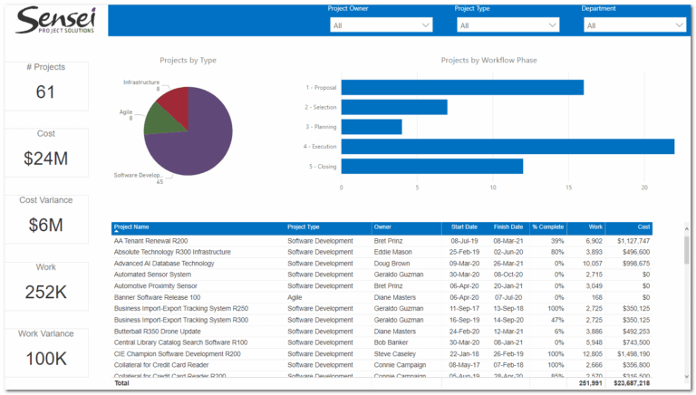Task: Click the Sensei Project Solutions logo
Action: [55, 21]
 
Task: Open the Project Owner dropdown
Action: [382, 25]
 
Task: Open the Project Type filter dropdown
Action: [508, 25]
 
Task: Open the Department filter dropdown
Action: [634, 25]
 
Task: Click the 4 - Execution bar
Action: [507, 147]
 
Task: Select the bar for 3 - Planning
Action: [372, 127]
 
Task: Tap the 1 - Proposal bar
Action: [462, 87]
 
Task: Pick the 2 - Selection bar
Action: [394, 107]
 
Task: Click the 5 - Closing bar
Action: [432, 167]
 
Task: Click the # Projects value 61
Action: [46, 92]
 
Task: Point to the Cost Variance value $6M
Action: [46, 225]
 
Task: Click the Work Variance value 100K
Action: [46, 358]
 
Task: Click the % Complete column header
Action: [547, 227]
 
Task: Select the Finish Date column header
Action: [508, 227]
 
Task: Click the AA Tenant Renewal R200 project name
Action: [150, 241]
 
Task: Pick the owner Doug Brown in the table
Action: [392, 263]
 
